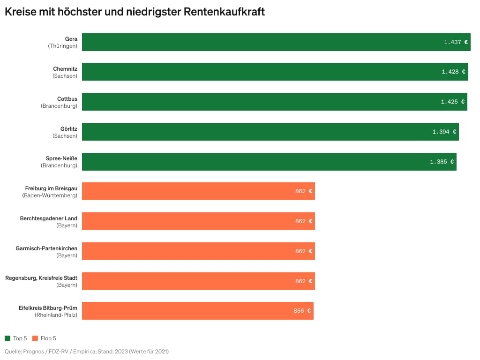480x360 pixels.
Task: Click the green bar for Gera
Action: pos(262,42)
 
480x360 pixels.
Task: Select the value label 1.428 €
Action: pos(453,72)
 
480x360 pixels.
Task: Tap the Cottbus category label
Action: pos(67,99)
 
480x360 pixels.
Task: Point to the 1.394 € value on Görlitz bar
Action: pos(444,132)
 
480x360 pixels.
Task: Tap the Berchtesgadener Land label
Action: pos(49,218)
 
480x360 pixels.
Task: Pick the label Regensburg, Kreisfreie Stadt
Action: pos(41,278)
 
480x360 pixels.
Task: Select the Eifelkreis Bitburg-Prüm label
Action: pos(48,308)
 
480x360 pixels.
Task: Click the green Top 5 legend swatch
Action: pos(7,338)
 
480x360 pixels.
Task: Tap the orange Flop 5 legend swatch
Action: pos(35,338)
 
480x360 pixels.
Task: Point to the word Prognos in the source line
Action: pos(33,352)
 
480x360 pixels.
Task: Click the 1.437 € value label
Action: pos(456,42)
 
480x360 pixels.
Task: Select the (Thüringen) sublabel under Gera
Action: pos(62,46)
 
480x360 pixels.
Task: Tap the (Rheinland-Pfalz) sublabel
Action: pos(56,315)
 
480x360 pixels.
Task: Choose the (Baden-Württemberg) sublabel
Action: pos(50,195)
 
